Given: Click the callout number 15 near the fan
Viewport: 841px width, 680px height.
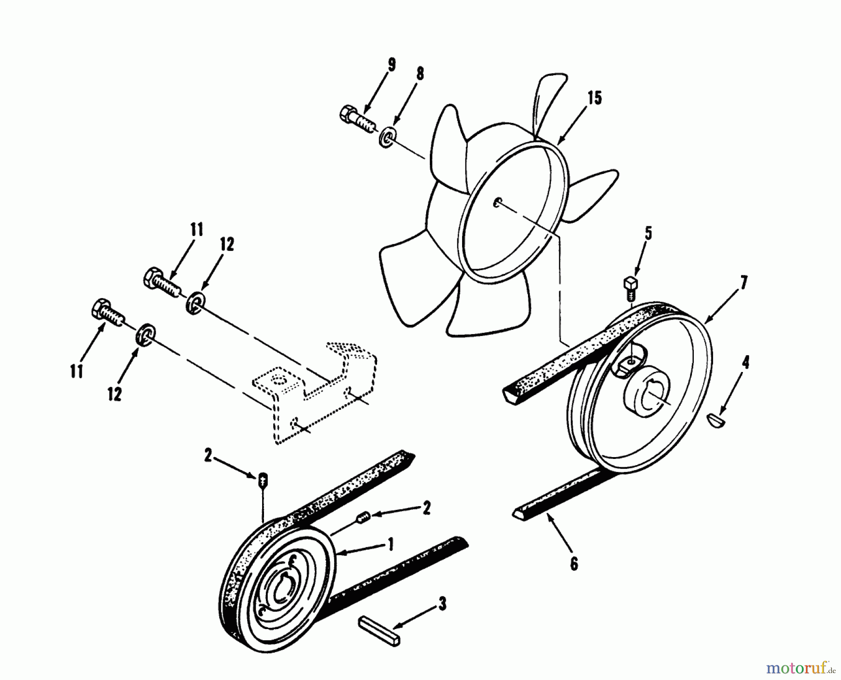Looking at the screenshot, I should coord(595,99).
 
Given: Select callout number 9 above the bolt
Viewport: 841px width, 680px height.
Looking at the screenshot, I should coord(391,65).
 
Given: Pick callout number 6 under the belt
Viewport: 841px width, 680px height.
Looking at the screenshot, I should coord(574,564).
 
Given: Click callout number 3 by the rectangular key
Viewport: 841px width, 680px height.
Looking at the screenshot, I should coord(442,603).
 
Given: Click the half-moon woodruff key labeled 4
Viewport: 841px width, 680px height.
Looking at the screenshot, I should coord(715,420).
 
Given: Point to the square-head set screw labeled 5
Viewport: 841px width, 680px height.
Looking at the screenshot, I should coord(630,286).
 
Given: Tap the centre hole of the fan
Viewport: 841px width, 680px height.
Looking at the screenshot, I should coord(498,202).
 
